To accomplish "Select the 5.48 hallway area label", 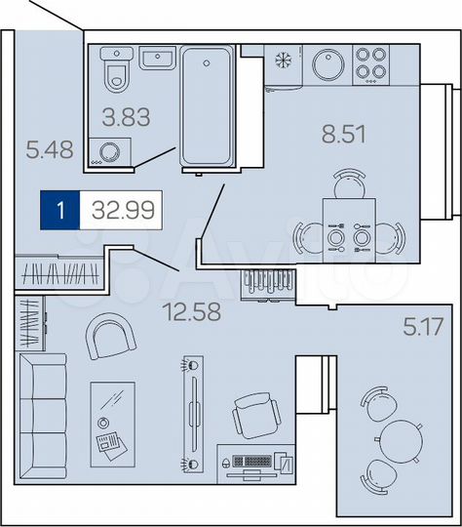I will [50, 150].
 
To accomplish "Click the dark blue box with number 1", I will [60, 210].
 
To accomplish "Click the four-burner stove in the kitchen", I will [371, 62].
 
